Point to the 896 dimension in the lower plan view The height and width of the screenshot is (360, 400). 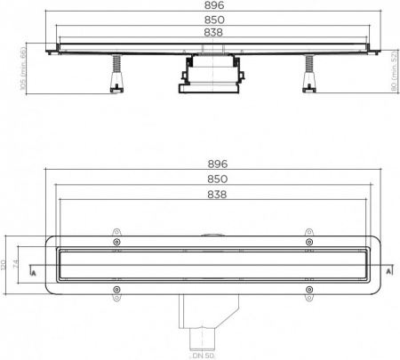(x=218, y=164)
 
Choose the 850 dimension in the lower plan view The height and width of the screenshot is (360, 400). (x=218, y=179)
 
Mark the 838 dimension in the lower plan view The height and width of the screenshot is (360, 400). (x=218, y=194)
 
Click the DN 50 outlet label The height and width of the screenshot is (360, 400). (x=206, y=354)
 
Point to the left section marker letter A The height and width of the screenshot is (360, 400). (x=33, y=271)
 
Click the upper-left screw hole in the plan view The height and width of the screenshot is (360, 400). (x=116, y=241)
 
